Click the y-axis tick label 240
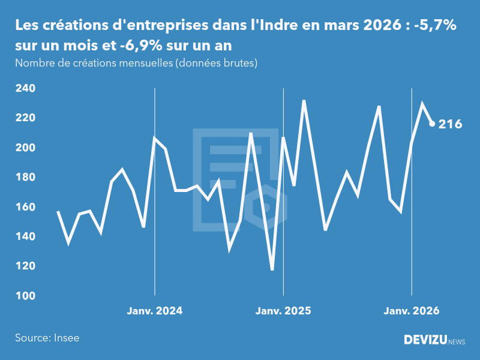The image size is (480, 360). point(25,88)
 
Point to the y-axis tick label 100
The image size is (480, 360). point(25,296)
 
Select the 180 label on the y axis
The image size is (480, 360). point(25,177)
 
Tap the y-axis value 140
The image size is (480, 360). point(25,236)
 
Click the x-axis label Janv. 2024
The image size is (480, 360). point(155,311)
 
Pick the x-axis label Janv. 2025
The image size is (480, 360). point(283,311)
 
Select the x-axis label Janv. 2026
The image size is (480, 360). point(412,311)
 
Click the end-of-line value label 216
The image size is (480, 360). point(450,124)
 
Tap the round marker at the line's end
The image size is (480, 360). point(432,124)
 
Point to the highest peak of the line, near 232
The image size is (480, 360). point(304,100)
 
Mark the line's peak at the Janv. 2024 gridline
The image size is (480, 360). point(155,139)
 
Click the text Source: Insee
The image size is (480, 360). point(47,338)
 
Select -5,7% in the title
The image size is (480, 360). point(436,26)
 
